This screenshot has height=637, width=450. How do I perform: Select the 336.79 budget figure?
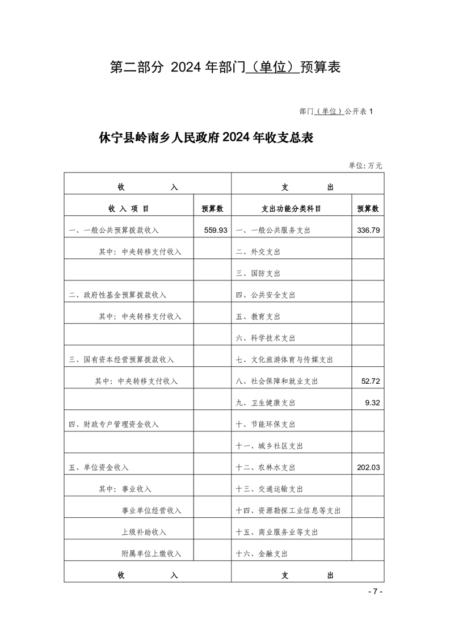(368, 231)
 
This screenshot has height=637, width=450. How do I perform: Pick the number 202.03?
(368, 468)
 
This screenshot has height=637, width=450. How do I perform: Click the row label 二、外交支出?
(258, 252)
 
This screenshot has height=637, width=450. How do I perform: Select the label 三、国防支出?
(258, 273)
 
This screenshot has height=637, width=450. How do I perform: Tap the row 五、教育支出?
(258, 316)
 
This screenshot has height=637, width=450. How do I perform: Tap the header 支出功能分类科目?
(291, 209)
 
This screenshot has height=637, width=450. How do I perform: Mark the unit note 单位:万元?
(365, 166)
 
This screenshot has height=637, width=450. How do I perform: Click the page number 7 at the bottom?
(375, 592)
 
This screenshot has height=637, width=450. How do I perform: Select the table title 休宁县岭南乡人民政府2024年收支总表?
(206, 138)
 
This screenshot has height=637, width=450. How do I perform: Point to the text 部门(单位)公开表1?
(335, 111)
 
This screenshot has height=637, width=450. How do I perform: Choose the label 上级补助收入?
(144, 532)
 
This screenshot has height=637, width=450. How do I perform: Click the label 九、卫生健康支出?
(266, 403)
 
